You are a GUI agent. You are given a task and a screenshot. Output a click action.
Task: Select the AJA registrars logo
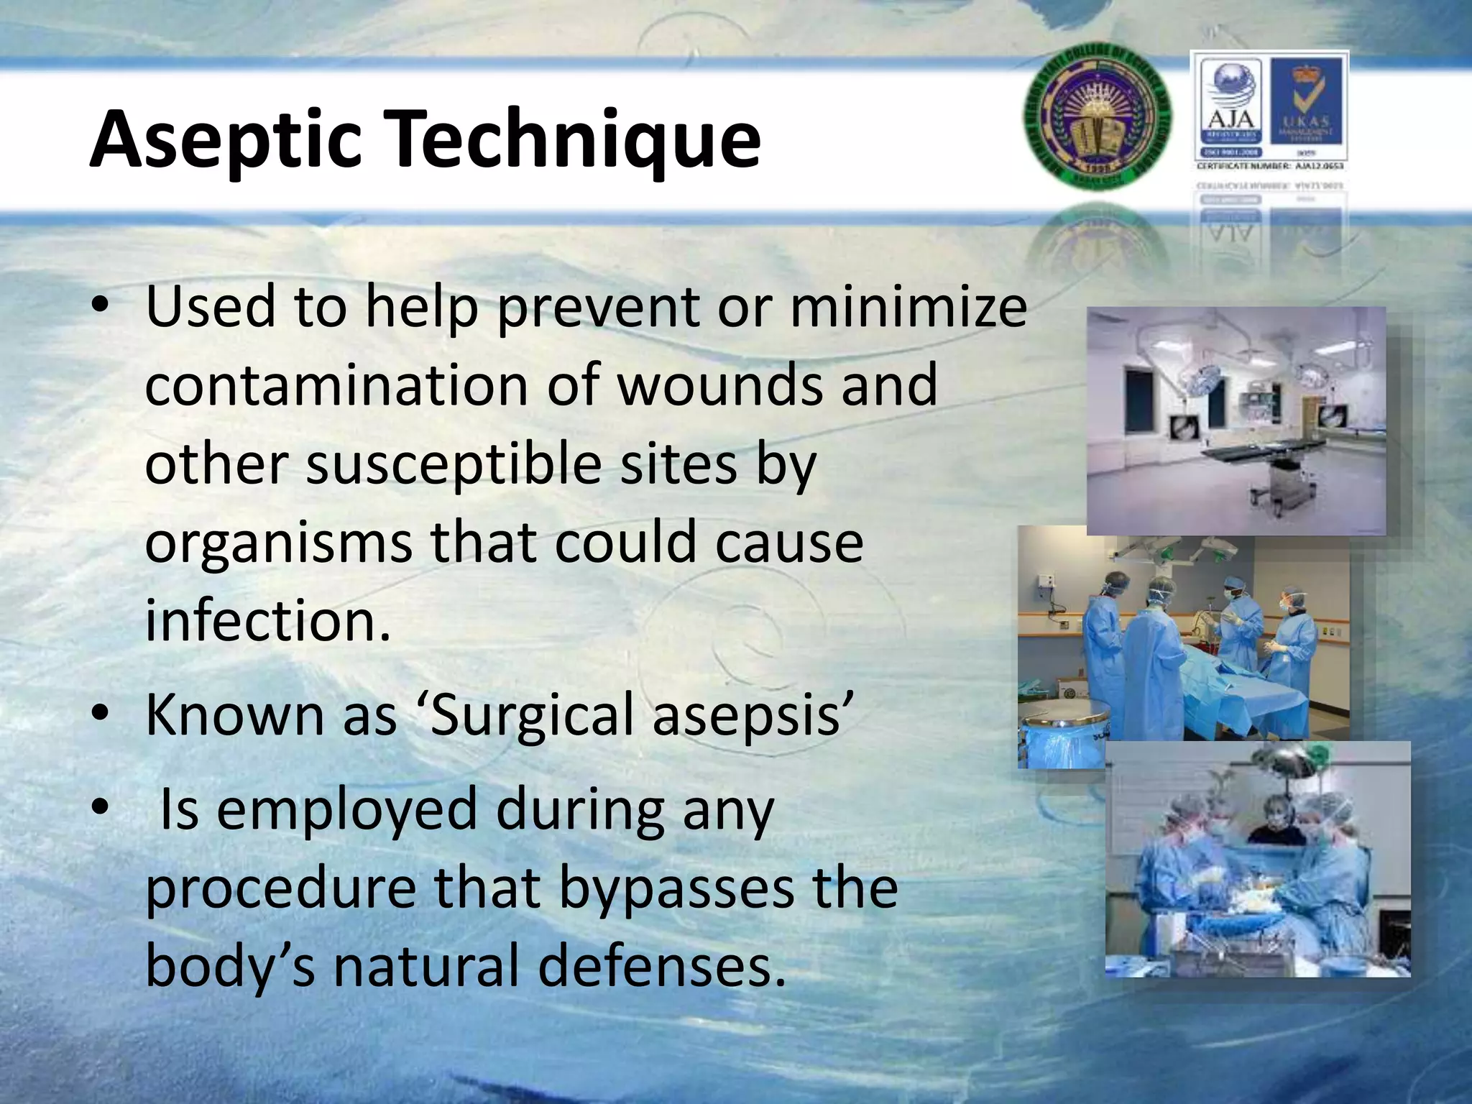[x=1231, y=108]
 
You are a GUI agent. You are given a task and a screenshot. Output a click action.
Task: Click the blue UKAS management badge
[x=1307, y=108]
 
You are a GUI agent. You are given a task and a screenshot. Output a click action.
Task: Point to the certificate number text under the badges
[x=1270, y=166]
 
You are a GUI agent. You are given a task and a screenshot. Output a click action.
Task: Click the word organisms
[x=278, y=543]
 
